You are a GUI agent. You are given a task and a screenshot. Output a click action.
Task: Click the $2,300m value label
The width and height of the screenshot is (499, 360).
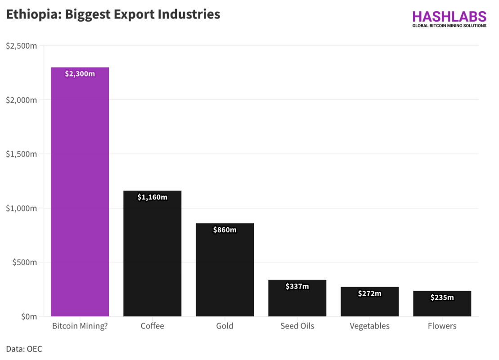click(x=80, y=74)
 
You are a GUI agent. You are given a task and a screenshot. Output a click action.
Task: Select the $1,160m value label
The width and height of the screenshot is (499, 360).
click(x=152, y=197)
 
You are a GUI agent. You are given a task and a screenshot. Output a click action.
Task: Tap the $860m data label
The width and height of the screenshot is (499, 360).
click(x=225, y=230)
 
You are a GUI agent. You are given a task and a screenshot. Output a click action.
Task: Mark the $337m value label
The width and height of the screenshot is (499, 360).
click(x=297, y=286)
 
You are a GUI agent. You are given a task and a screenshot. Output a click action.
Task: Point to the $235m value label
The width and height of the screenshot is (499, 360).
click(x=442, y=297)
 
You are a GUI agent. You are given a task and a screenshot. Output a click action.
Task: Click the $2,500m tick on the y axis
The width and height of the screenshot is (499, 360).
click(x=21, y=46)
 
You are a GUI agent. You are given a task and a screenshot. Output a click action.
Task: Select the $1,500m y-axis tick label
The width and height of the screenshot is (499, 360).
click(x=21, y=154)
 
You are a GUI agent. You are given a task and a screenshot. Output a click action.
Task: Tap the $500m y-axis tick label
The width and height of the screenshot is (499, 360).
click(x=24, y=262)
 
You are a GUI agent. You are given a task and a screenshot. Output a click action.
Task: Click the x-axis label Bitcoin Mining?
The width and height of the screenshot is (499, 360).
click(x=80, y=326)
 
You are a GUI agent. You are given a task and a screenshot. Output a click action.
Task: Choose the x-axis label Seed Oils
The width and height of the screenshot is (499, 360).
click(x=297, y=326)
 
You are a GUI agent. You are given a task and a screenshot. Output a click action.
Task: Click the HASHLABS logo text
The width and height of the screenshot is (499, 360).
click(x=449, y=17)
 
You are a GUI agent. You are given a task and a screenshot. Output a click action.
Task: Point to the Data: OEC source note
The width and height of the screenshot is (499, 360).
click(x=24, y=349)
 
